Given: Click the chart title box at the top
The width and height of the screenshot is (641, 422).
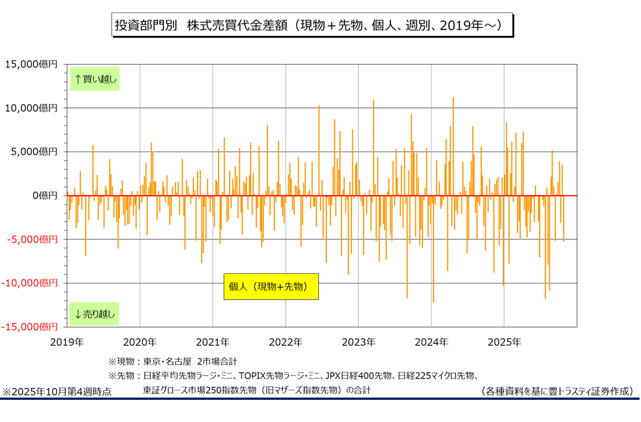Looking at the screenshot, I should coord(312,26).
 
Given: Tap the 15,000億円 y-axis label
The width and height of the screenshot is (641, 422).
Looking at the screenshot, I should coord(31,64).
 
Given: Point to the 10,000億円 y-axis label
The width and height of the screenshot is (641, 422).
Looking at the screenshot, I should coord(31,108).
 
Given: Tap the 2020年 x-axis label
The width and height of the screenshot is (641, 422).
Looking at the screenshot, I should coord(140,342).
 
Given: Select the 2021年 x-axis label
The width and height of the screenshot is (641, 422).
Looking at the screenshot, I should coord(212,342).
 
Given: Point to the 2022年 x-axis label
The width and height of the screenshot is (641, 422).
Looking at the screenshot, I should coord(285,342).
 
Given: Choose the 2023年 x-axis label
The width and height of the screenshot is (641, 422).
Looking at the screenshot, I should coord(358,342).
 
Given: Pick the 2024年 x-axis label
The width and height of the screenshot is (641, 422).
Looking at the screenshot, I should coord(431,342).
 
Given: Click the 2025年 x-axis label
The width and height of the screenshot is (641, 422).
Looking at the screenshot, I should coord(504,342).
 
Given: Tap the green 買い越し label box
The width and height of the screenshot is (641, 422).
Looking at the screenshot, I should coord(95,79).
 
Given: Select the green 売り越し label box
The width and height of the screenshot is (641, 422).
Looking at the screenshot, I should coord(95,313).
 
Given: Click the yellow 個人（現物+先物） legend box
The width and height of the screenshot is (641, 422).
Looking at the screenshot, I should coord(271,287).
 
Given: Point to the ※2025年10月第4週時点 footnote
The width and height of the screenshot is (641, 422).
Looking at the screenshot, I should coord(57,392).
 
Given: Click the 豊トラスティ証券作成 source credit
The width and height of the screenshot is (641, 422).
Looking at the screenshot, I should coord(556,392).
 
